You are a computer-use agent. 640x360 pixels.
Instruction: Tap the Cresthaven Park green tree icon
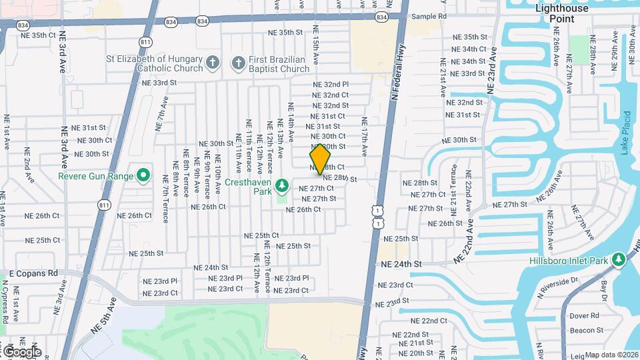point(282,183)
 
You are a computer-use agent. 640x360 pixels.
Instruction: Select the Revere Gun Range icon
point(143,176)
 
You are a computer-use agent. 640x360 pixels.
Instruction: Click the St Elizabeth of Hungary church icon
point(213,63)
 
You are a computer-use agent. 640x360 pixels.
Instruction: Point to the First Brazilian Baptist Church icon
point(238,63)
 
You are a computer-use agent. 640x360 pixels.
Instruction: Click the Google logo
point(21,351)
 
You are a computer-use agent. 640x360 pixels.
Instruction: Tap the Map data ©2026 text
point(611,355)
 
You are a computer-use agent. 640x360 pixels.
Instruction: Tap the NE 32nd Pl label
point(331,85)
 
